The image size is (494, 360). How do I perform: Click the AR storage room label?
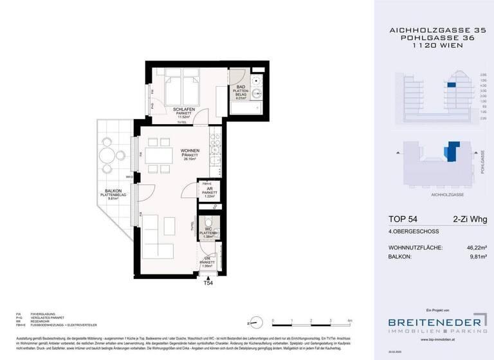210,188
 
